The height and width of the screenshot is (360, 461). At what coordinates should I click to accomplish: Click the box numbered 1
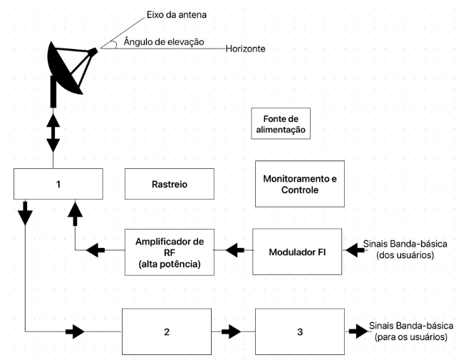pos(58,184)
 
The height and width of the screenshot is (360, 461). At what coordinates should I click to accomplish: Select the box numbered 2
pos(167,331)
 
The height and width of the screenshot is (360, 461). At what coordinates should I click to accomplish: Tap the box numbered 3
pos(299,331)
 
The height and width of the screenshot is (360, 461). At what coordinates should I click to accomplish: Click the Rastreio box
pos(169,184)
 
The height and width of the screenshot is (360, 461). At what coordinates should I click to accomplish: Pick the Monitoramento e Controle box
pos(299,184)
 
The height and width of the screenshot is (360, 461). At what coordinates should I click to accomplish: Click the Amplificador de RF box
pos(169,250)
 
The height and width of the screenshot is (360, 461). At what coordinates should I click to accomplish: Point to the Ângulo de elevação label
pos(164,42)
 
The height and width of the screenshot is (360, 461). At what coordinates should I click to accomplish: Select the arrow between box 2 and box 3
pos(232,331)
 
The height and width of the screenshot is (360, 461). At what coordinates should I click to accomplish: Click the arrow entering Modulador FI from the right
pos(354,250)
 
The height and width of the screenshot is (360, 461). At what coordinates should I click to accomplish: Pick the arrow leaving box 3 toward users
pos(354,331)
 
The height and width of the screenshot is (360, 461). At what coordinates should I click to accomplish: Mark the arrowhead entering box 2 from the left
pos(75,331)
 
